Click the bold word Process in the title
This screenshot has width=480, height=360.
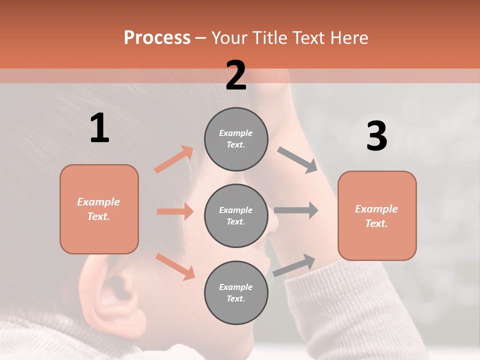pyautogui.click(x=157, y=37)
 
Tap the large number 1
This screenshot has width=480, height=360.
pyautogui.click(x=99, y=128)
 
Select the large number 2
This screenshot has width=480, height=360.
pyautogui.click(x=236, y=75)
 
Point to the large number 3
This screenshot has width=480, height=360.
pyautogui.click(x=376, y=136)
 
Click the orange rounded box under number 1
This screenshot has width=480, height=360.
pyautogui.click(x=99, y=209)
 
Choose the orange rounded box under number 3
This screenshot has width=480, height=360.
pyautogui.click(x=377, y=215)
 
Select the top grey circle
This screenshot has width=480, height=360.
pyautogui.click(x=236, y=139)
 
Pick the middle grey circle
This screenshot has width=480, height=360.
pyautogui.click(x=236, y=215)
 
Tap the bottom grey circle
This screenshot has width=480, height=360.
pyautogui.click(x=236, y=292)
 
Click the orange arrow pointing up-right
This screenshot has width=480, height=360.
pyautogui.click(x=174, y=159)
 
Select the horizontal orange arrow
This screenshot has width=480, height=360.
pyautogui.click(x=175, y=211)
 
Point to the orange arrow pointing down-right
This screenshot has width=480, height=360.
pyautogui.click(x=175, y=266)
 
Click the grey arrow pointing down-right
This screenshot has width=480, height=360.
pyautogui.click(x=297, y=160)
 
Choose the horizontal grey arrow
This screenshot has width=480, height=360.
pyautogui.click(x=296, y=210)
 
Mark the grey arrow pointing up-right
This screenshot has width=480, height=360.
pyautogui.click(x=294, y=265)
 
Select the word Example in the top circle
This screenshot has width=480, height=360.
pyautogui.click(x=236, y=133)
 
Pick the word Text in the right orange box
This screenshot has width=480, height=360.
pyautogui.click(x=376, y=223)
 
